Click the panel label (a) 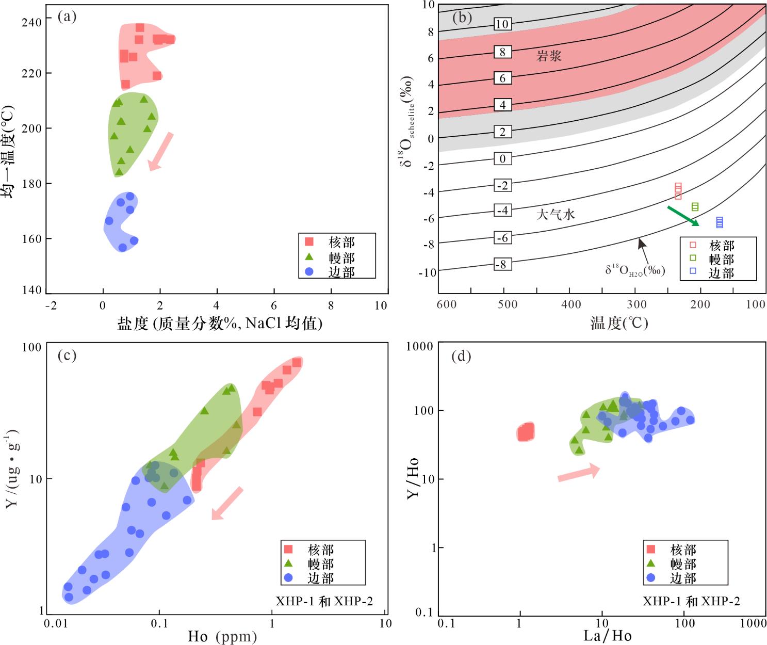click(x=67, y=17)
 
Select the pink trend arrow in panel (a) click(x=160, y=151)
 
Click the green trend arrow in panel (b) click(x=683, y=216)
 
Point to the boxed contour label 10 click(x=502, y=24)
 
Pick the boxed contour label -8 click(x=502, y=265)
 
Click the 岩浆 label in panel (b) click(x=549, y=56)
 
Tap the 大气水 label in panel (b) click(x=556, y=214)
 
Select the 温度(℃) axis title click(x=619, y=324)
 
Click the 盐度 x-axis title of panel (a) click(x=220, y=324)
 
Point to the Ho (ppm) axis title click(x=222, y=636)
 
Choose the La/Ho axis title click(x=607, y=636)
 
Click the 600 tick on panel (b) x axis click(x=447, y=304)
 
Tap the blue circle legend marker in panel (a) click(x=309, y=271)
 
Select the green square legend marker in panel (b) click(x=693, y=258)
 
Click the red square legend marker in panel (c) click(x=288, y=549)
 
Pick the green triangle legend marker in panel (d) click(x=651, y=563)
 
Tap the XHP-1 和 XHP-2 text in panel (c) click(x=324, y=601)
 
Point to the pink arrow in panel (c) click(x=227, y=503)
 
